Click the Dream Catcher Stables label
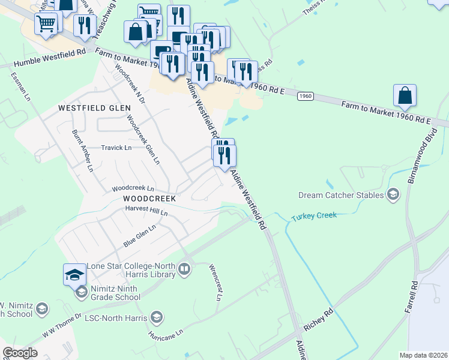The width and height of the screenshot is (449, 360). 341,195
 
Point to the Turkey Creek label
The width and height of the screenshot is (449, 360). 315,216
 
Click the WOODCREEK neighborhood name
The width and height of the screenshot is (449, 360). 149,198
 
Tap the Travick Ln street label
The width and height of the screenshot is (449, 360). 116,148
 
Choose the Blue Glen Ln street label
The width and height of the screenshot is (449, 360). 139,235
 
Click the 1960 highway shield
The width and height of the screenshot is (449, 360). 306,95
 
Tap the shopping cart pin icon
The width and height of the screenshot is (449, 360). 46,24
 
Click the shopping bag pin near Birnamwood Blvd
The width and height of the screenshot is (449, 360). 405,95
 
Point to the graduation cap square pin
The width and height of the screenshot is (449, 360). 75,274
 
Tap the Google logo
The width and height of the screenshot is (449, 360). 20,352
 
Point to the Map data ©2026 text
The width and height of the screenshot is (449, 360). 423,355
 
